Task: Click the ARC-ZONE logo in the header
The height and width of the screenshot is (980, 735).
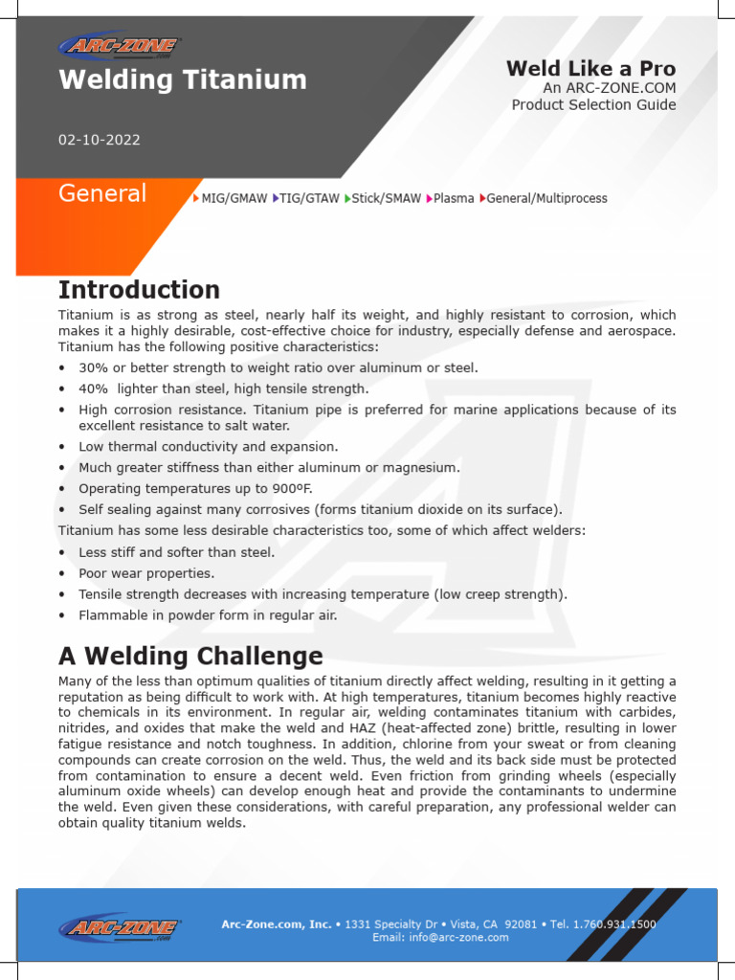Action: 120,46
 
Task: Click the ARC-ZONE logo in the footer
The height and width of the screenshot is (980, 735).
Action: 120,927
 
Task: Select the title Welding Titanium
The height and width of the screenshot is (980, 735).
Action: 183,79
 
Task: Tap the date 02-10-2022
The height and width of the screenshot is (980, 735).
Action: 100,140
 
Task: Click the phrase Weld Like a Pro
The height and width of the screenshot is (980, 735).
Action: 590,68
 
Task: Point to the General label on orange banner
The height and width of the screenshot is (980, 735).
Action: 102,194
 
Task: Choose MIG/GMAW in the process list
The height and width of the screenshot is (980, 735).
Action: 234,199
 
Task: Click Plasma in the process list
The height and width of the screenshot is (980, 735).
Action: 453,199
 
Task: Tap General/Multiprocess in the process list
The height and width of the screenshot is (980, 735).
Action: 546,199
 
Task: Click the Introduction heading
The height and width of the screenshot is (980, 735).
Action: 139,290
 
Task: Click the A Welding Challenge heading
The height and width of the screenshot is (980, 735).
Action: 190,657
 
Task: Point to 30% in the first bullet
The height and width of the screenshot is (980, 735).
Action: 94,368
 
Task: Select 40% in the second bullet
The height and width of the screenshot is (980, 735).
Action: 94,389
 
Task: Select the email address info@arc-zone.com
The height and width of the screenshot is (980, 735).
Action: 461,938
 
